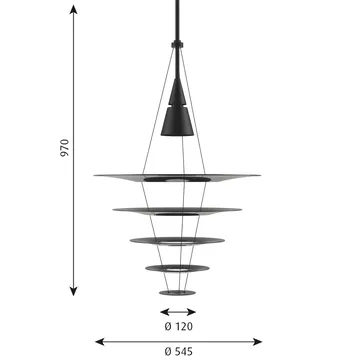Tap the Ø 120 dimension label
click(179, 327)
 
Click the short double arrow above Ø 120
click(179, 313)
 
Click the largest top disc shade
click(179, 178)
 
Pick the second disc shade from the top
click(179, 211)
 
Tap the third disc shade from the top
click(179, 240)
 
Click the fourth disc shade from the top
click(179, 267)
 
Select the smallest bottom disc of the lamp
click(179, 293)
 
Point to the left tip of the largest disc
click(96, 176)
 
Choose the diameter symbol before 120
click(164, 327)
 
